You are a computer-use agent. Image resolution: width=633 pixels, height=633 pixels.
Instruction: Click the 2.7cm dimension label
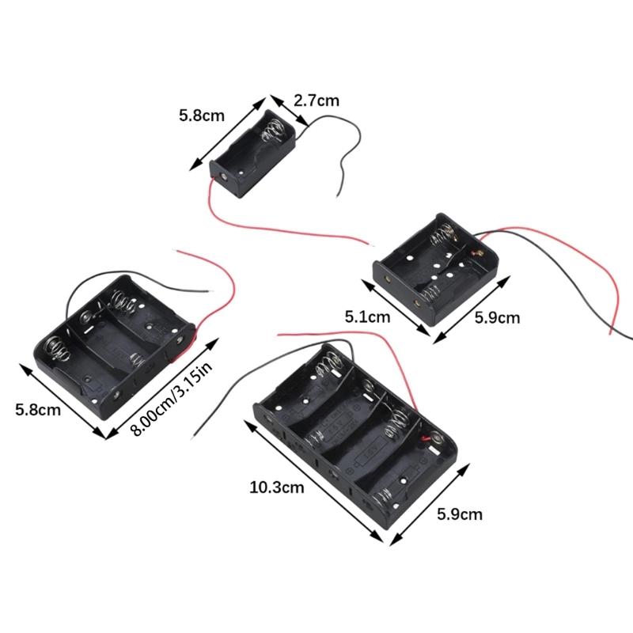click(x=316, y=100)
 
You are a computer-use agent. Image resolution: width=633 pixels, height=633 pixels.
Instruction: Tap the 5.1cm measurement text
click(x=368, y=318)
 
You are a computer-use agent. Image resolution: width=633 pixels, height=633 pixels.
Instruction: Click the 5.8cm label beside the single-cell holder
click(x=201, y=116)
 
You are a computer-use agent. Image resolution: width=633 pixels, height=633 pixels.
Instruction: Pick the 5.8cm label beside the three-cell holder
click(x=38, y=409)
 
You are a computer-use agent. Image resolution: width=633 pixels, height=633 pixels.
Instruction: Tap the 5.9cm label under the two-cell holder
click(x=497, y=318)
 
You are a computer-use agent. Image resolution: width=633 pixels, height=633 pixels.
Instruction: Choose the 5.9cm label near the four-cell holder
click(x=460, y=514)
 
